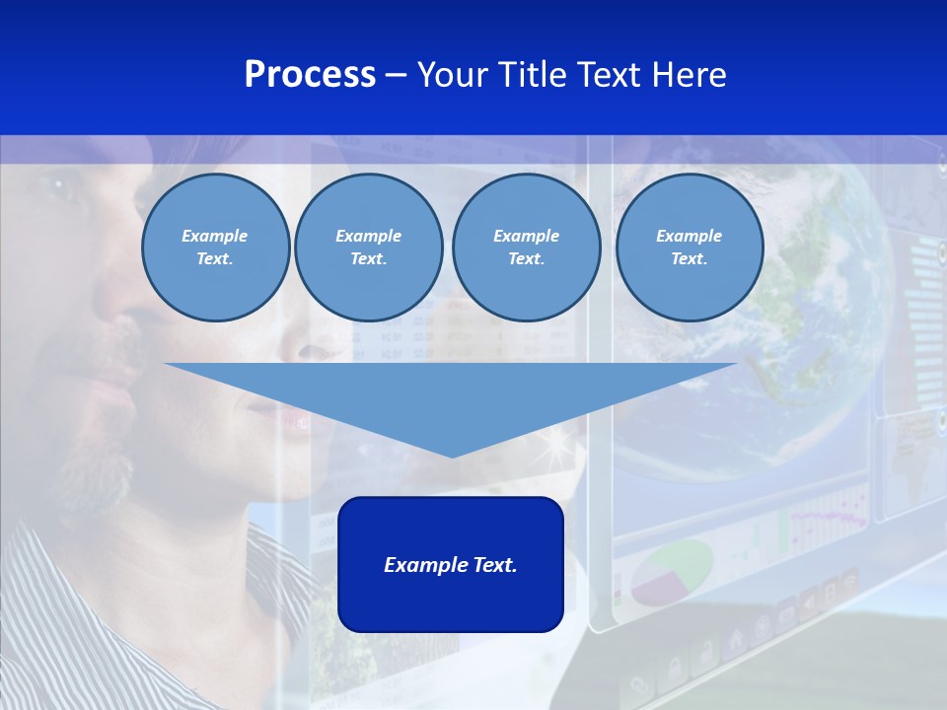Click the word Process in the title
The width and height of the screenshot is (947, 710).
(310, 75)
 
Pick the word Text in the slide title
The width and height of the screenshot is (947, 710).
(613, 75)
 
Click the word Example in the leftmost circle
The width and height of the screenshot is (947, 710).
(214, 236)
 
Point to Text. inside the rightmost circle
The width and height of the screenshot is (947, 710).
(689, 258)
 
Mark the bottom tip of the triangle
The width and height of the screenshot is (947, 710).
(452, 456)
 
